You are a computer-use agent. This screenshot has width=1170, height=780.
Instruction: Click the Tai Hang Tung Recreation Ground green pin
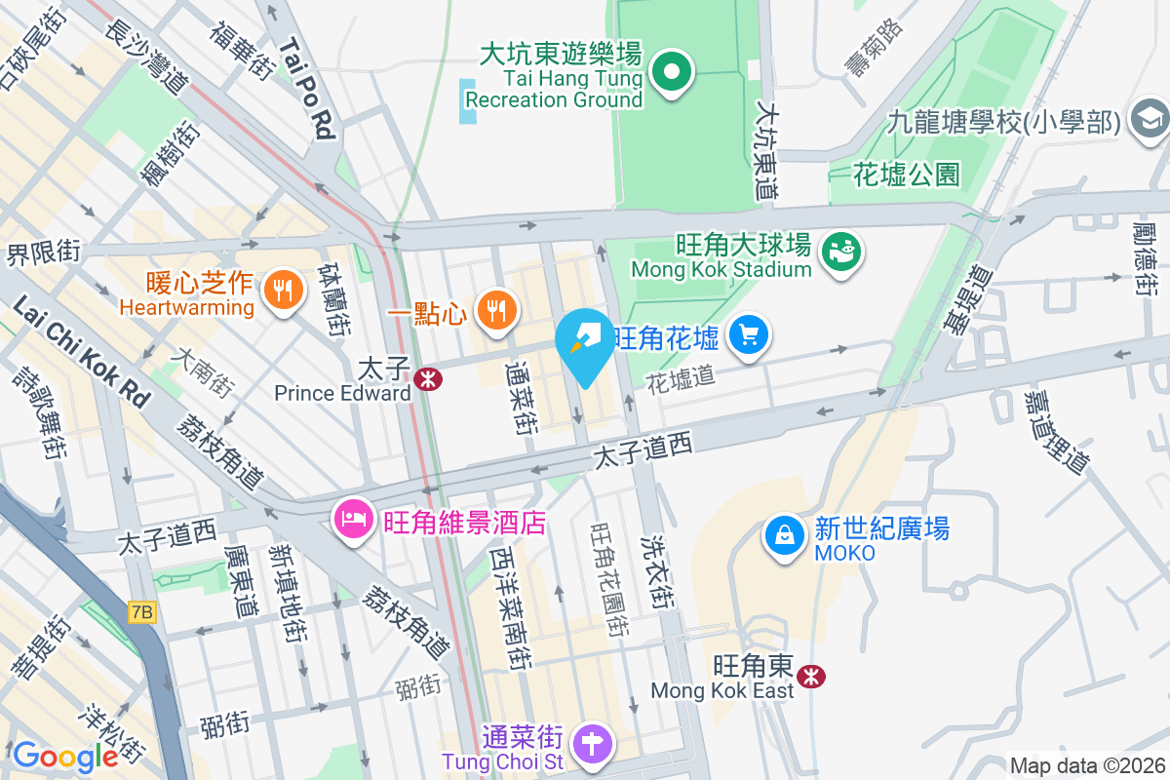point(672,72)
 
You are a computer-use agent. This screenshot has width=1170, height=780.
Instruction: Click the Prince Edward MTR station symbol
point(426,379)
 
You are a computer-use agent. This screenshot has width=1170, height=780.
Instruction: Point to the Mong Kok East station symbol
point(810,676)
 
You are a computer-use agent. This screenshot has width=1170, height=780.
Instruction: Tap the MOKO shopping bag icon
point(784,535)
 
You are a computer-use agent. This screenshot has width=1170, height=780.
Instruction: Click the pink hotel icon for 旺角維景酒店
point(352,518)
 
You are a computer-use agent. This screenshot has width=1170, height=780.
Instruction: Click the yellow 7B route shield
point(141,612)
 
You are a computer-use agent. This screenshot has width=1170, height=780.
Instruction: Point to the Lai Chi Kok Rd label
point(82,352)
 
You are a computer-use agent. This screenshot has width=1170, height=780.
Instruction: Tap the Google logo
point(65,756)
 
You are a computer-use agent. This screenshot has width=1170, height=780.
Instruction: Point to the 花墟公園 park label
point(906,175)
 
